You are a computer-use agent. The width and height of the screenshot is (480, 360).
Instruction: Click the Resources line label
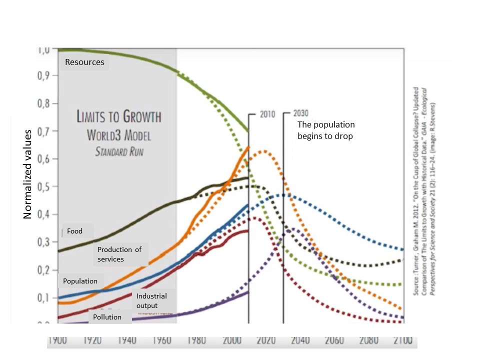tap(84, 62)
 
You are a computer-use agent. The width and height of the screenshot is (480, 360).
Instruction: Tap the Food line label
tap(74, 231)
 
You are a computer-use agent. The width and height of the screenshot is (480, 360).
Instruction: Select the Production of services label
tap(119, 254)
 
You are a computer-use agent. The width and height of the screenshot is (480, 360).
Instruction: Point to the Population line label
tap(80, 281)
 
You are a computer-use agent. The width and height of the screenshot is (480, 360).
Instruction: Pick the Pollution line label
tap(107, 317)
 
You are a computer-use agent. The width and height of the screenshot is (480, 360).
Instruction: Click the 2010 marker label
tap(267, 114)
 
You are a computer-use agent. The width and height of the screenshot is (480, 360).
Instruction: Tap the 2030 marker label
tap(300, 113)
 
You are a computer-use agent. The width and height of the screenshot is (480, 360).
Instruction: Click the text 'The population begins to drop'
tap(326, 130)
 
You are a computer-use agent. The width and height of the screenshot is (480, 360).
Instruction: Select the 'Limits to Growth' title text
tap(118, 117)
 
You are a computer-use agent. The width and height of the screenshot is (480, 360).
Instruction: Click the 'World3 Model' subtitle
tap(118, 135)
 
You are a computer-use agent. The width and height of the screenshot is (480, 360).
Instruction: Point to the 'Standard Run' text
tap(118, 150)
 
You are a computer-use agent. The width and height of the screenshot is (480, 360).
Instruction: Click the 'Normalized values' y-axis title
tap(28, 174)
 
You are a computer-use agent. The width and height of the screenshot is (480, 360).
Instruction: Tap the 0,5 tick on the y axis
tap(46, 187)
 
